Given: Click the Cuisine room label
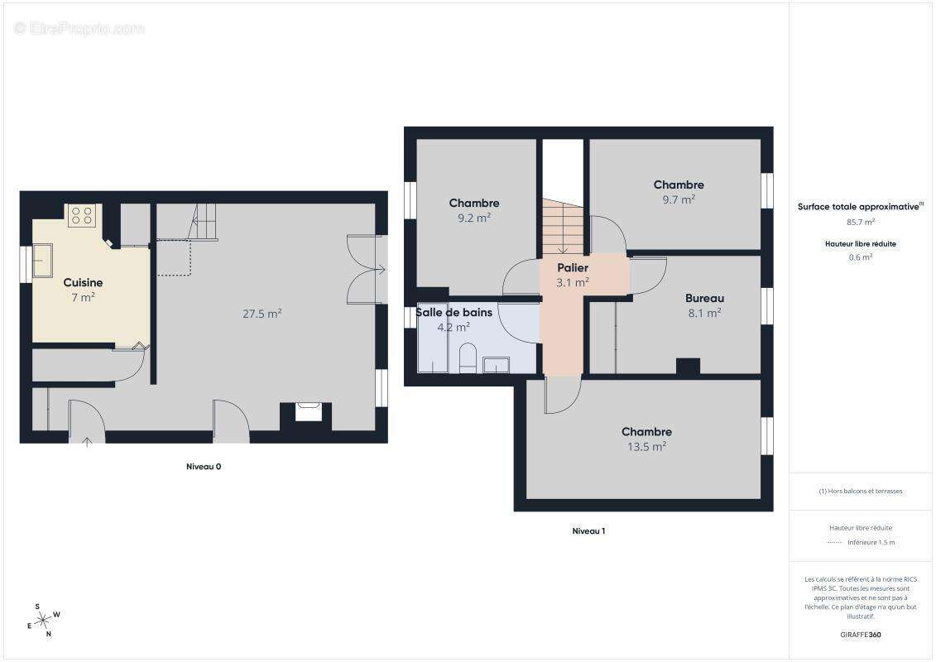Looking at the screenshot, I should tap(83, 283).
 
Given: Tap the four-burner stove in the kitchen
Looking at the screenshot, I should tap(81, 215).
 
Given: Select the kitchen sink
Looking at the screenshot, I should tap(41, 260).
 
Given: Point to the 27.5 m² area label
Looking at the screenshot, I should tap(262, 314).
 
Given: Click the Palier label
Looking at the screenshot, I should tap(573, 268).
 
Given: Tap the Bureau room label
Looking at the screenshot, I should tap(704, 299).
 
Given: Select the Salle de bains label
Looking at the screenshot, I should tap(454, 313).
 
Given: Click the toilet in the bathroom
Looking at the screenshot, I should tap(468, 357).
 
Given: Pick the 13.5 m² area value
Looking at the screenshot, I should tap(646, 446).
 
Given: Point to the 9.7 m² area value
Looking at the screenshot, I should tap(678, 199).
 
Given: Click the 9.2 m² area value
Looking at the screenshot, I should tap(474, 218).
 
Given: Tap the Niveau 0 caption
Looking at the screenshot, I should tap(204, 467).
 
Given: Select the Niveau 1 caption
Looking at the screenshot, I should tap(588, 531).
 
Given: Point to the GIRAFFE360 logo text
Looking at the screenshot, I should tap(860, 635).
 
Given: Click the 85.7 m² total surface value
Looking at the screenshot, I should tap(861, 222).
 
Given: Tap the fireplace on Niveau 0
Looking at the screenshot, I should tap(307, 411).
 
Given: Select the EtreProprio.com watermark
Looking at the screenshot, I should tap(79, 28).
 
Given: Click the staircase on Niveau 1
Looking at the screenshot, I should tap(563, 227).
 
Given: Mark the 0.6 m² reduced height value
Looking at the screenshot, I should tap(861, 257).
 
